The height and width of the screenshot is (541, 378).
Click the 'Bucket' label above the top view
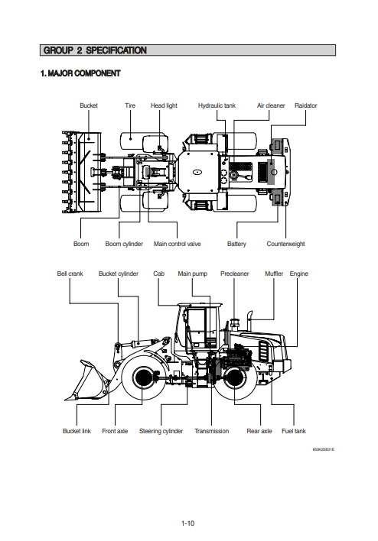pyautogui.click(x=89, y=105)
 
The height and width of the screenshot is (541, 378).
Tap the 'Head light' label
pyautogui.click(x=164, y=105)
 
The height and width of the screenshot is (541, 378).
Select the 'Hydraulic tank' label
pyautogui.click(x=217, y=105)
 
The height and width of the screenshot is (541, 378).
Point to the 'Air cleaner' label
pyautogui.click(x=271, y=105)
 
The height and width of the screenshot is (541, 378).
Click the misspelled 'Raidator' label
pyautogui.click(x=306, y=105)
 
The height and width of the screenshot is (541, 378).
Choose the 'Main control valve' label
pyautogui.click(x=178, y=244)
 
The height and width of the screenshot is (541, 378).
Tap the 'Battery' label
pyautogui.click(x=236, y=244)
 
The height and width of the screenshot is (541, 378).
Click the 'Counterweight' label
pyautogui.click(x=285, y=244)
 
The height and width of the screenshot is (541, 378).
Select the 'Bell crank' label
pyautogui.click(x=70, y=274)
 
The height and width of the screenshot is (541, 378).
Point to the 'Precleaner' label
pyautogui.click(x=235, y=274)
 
